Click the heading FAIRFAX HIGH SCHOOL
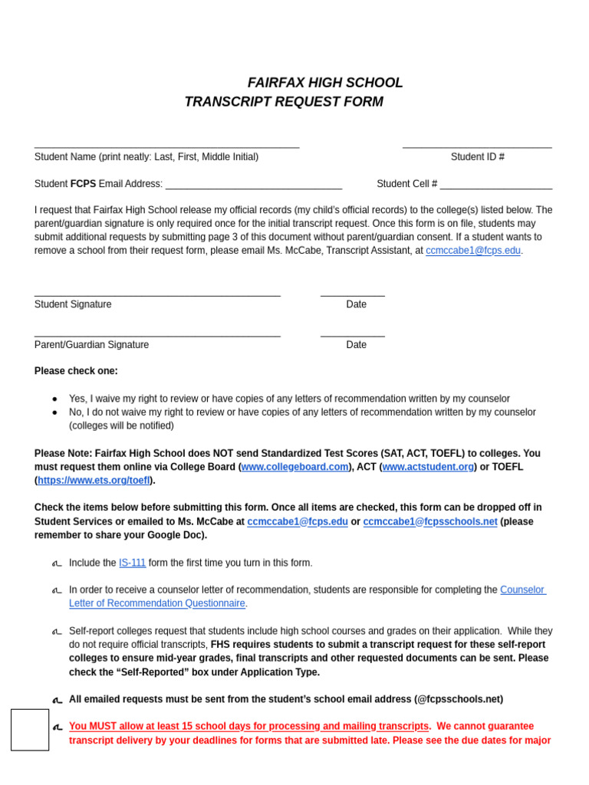click(x=324, y=83)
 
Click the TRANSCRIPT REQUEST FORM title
click(x=284, y=102)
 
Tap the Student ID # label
click(x=477, y=157)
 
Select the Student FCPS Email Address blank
click(x=253, y=187)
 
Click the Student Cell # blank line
click(x=495, y=187)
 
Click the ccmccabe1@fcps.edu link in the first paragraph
click(x=472, y=251)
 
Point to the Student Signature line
click(x=157, y=294)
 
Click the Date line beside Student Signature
click(x=352, y=294)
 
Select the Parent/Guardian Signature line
click(x=157, y=335)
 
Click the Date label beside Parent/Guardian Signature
click(x=356, y=345)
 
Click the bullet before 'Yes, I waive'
click(x=54, y=399)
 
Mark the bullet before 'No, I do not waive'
click(x=54, y=412)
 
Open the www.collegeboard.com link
click(x=294, y=467)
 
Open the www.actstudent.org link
click(x=427, y=467)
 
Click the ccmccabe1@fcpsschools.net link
click(x=429, y=522)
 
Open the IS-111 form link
click(x=132, y=563)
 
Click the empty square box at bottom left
click(x=30, y=729)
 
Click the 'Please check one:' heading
click(x=76, y=371)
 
